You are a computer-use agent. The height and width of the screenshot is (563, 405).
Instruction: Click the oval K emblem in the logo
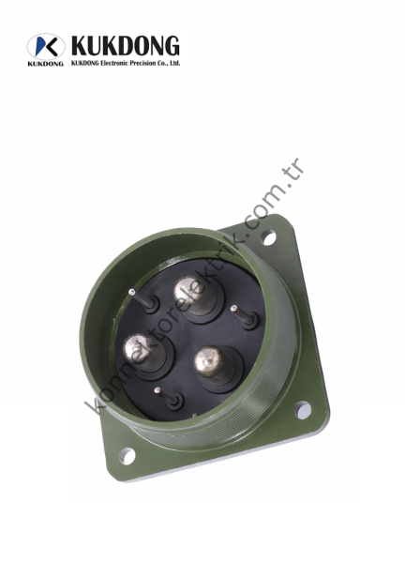pos(46,47)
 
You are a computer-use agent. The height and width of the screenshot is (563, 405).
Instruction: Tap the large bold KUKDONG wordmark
pos(125,46)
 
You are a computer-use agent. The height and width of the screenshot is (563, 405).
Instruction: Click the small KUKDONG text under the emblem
pos(46,64)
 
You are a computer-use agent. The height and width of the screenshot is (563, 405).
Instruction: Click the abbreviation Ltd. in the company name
pos(173,63)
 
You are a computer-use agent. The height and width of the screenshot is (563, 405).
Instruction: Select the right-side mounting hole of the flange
pos(303,410)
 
